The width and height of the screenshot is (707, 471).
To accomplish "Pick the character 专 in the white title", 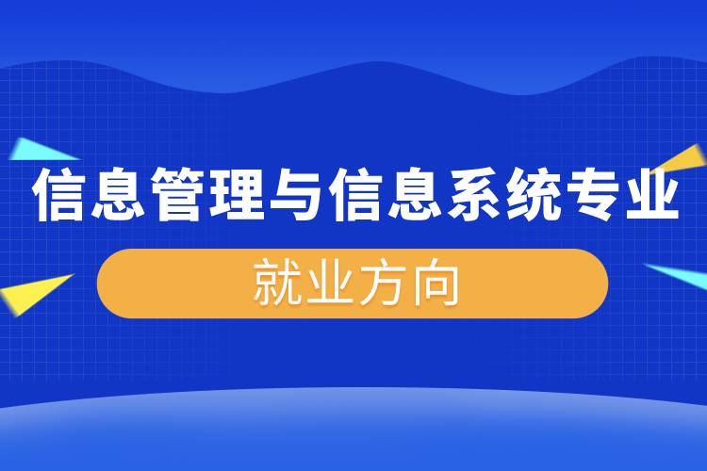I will (592, 196).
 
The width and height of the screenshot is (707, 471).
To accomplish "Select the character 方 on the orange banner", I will (381, 284).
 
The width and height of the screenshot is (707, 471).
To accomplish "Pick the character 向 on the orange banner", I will (436, 284).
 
